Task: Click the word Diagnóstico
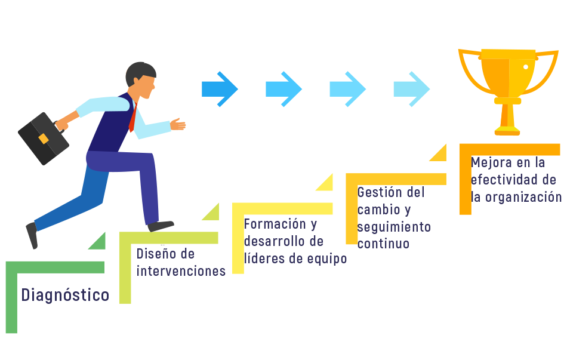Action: tap(65, 295)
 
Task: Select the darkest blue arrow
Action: tap(220, 89)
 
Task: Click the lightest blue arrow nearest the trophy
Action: tap(411, 89)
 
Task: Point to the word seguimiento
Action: tap(394, 227)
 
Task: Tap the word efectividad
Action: tap(506, 180)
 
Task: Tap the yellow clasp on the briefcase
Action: tap(44, 139)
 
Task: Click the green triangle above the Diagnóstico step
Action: tap(98, 242)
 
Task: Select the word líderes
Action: tap(263, 259)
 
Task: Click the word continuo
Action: tap(383, 244)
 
